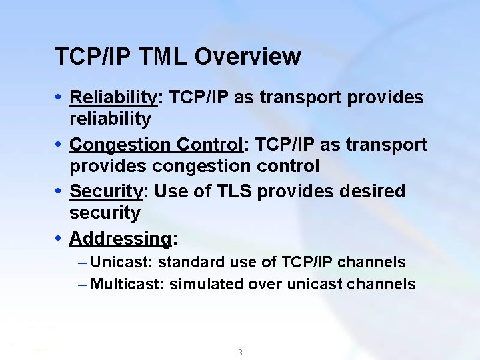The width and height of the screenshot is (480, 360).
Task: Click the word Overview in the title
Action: coord(247,57)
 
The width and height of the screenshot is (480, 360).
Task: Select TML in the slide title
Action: coord(164,57)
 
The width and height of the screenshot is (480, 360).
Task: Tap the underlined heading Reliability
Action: coord(113,97)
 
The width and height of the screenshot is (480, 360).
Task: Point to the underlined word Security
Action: coord(106,191)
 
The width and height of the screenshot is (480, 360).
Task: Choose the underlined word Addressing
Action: coord(120,238)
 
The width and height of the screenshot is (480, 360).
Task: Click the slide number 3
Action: coord(240,353)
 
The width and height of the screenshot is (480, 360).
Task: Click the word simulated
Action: coord(207,284)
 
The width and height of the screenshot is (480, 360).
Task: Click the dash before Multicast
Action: coord(82,284)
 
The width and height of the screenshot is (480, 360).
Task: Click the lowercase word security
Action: coord(105,213)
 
